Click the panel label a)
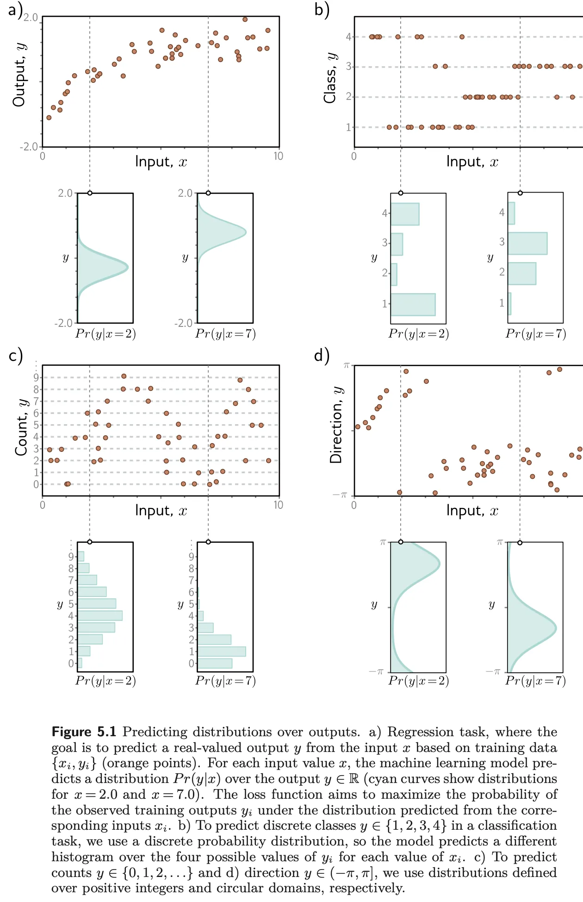pyautogui.click(x=15, y=10)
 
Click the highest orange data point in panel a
pyautogui.click(x=245, y=19)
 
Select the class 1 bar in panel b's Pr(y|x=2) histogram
pyautogui.click(x=413, y=304)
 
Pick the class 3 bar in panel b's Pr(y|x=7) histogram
pyautogui.click(x=527, y=243)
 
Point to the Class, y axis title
pyautogui.click(x=330, y=77)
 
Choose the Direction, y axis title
pyautogui.click(x=336, y=425)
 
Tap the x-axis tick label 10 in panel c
pyautogui.click(x=278, y=505)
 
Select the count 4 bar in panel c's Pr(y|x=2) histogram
pyautogui.click(x=100, y=615)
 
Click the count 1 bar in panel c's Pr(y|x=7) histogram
pyautogui.click(x=222, y=651)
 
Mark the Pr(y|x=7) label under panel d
pyautogui.click(x=535, y=681)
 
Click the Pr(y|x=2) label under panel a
pyautogui.click(x=105, y=334)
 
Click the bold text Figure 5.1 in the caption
pyautogui.click(x=84, y=732)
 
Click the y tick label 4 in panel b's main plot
pyautogui.click(x=348, y=37)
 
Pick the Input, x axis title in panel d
pyautogui.click(x=472, y=510)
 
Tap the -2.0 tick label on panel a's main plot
pyautogui.click(x=29, y=147)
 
